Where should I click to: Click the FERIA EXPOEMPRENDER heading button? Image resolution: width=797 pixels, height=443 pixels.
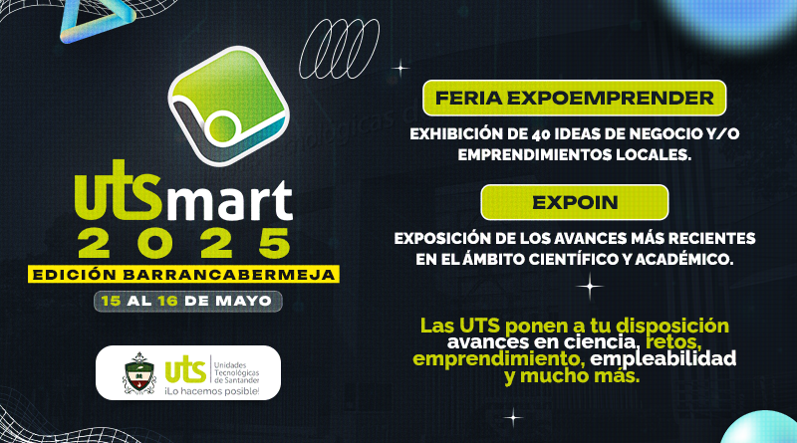tap(575, 98)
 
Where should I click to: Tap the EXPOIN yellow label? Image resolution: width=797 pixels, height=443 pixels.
tap(575, 202)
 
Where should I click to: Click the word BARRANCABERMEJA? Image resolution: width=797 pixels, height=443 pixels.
tap(229, 275)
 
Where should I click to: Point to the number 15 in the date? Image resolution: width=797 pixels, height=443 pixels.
tap(111, 301)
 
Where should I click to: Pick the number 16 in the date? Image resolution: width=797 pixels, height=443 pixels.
tap(167, 301)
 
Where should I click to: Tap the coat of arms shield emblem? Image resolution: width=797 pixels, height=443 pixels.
tap(139, 373)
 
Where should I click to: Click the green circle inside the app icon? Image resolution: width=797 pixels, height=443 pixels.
tap(222, 127)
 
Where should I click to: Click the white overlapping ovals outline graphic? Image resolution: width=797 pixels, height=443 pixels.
tap(339, 50)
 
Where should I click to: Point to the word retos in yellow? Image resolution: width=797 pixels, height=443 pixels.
tap(673, 341)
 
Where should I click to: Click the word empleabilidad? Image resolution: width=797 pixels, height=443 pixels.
tap(663, 359)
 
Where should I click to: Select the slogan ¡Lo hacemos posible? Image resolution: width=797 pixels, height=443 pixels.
tap(211, 391)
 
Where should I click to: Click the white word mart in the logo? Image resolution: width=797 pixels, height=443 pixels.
tap(230, 201)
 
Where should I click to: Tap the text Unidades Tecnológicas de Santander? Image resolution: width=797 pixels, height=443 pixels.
tap(236, 373)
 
